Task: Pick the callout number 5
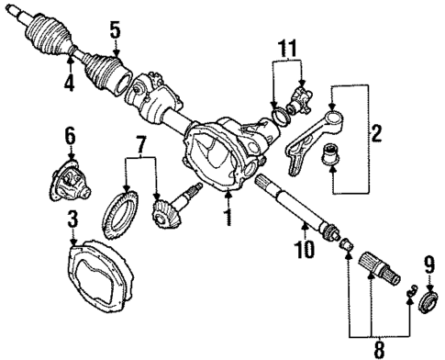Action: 114,29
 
